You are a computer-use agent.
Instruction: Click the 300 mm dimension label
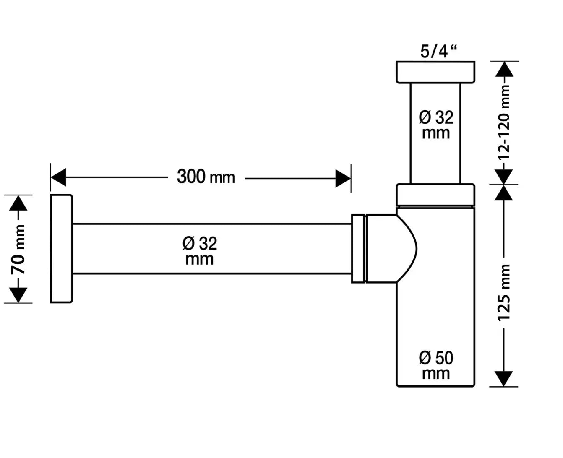pos(206,177)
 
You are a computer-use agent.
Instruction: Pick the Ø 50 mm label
pos(436,365)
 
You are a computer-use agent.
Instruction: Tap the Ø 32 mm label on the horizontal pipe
pos(200,251)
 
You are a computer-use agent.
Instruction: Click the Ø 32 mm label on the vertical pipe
pos(436,125)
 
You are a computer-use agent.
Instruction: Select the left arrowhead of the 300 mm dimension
pos(58,177)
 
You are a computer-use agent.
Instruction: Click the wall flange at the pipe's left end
pos(61,248)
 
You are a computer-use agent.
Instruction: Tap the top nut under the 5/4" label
pos(435,72)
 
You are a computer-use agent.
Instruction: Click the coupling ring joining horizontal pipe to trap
pos(359,248)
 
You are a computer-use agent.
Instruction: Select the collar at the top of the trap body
pos(435,195)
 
